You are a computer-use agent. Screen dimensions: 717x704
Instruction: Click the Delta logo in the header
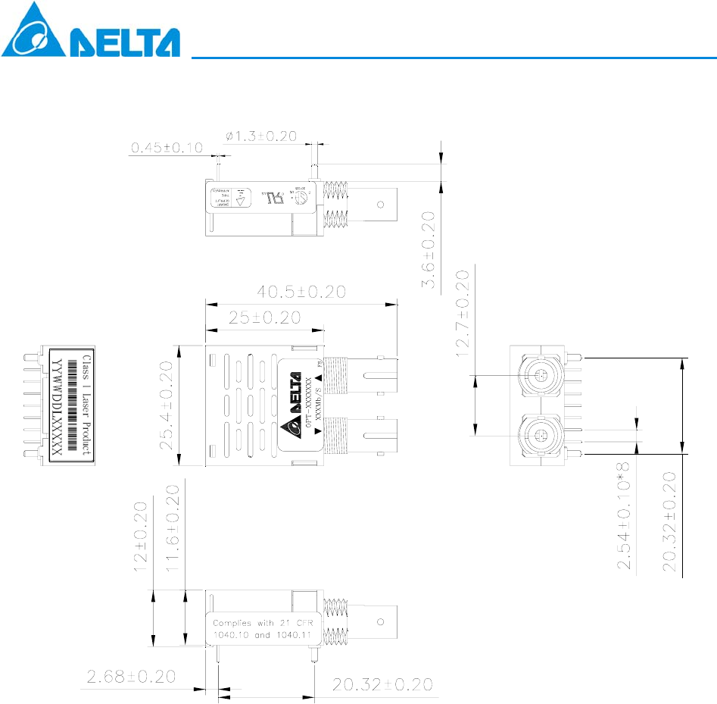91,31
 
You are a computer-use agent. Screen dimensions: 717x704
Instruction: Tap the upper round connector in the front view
540,375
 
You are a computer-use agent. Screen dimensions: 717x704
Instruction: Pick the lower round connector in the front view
539,435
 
